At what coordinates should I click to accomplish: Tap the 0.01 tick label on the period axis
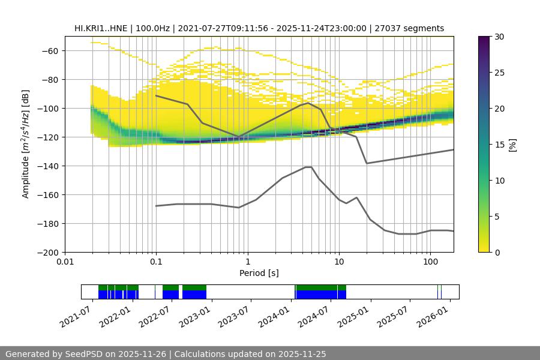[65, 262]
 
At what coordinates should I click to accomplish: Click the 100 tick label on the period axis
[430, 262]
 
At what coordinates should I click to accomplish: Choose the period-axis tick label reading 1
[247, 262]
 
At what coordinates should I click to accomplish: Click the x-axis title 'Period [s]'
[259, 274]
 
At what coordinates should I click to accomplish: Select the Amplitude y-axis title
[25, 145]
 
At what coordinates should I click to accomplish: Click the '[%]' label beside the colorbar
[512, 145]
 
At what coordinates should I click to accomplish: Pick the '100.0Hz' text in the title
[154, 28]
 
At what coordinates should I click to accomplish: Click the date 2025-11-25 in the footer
[302, 354]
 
